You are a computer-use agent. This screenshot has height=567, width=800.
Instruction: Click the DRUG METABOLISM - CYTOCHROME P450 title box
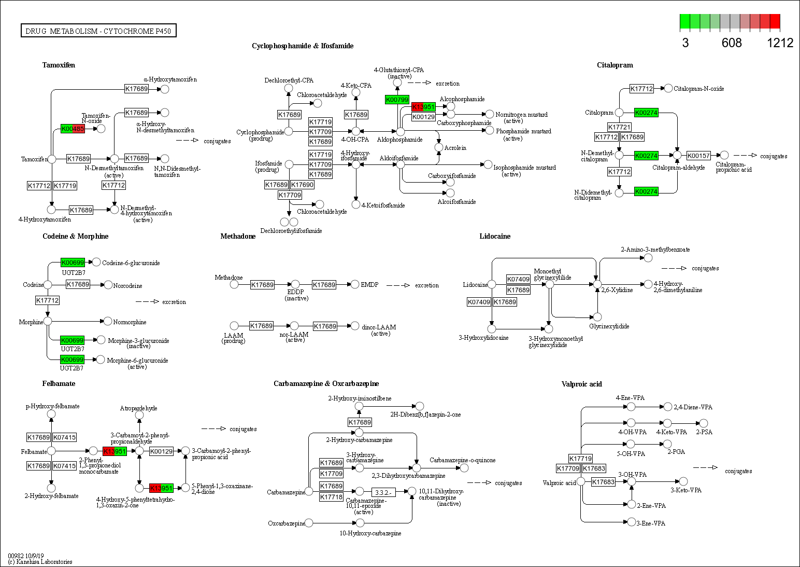tap(98, 31)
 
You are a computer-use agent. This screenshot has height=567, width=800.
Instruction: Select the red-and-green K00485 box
tap(73, 129)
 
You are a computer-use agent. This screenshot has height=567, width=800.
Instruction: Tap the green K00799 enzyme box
tap(397, 100)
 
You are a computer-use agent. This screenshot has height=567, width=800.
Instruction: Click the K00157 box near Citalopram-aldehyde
tap(698, 156)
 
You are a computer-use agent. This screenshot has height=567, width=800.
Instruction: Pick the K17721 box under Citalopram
tap(619, 127)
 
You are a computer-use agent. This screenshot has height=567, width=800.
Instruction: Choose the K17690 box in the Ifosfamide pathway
tap(302, 185)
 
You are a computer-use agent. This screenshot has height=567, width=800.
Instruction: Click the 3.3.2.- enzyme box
tap(383, 492)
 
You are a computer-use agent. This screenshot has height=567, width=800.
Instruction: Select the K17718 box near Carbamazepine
tap(331, 497)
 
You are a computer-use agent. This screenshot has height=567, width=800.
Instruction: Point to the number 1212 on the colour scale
tap(780, 43)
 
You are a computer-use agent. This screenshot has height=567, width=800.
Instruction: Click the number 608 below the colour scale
tap(732, 43)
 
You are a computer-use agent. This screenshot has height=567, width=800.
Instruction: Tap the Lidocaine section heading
tap(495, 236)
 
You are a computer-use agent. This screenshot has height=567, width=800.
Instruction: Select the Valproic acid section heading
tap(581, 384)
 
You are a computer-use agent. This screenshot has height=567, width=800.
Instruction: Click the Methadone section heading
tap(238, 236)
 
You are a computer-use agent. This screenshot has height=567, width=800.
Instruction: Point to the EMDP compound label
tap(369, 285)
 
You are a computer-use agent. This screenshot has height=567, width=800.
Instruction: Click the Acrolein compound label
tap(455, 148)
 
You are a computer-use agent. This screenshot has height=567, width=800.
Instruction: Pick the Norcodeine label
tap(127, 286)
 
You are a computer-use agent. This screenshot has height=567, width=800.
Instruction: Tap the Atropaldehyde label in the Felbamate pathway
tap(138, 408)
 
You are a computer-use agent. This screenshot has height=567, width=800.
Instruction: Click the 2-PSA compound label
tap(704, 432)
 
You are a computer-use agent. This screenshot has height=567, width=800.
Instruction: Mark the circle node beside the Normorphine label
tap(108, 321)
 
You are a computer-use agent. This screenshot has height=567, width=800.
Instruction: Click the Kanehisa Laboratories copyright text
tap(40, 561)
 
